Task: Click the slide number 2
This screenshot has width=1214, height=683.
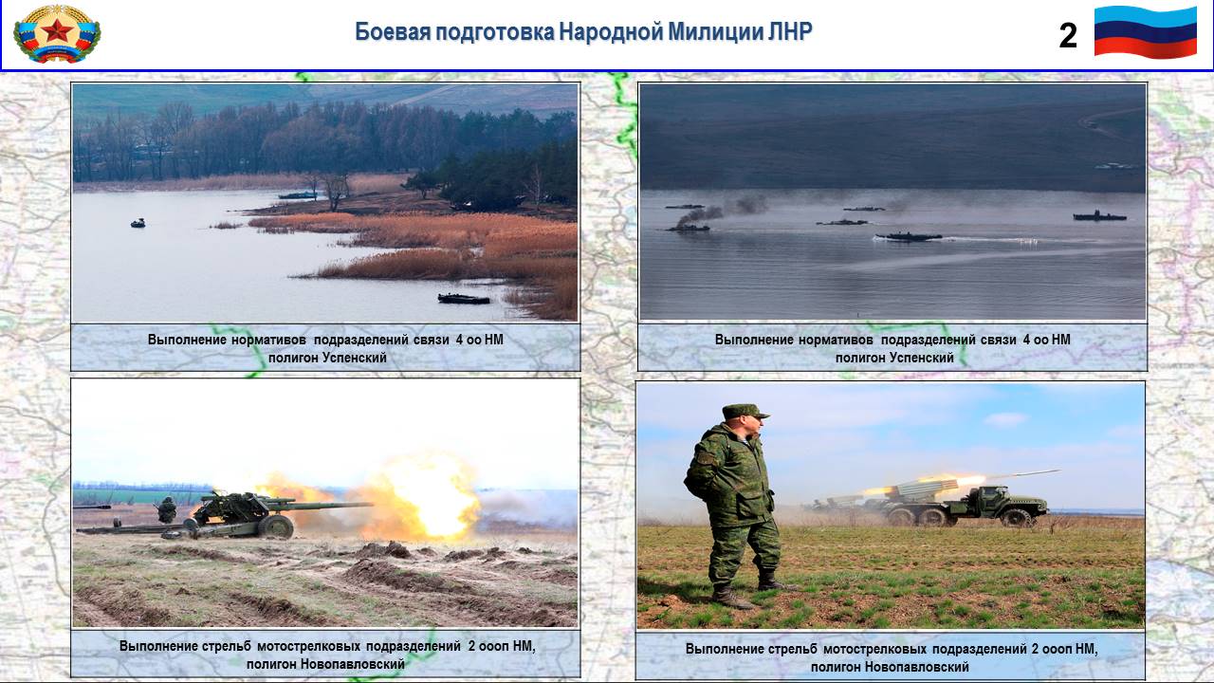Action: click(1068, 36)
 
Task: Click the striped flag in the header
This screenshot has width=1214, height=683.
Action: click(1146, 31)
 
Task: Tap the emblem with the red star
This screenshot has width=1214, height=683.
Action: click(57, 33)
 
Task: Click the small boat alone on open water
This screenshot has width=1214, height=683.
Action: click(138, 223)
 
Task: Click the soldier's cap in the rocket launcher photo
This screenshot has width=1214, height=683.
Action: click(745, 412)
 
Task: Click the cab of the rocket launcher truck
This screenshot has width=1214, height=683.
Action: click(989, 498)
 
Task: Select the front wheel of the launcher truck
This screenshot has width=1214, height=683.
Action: click(1015, 518)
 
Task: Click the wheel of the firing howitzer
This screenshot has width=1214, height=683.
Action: click(276, 526)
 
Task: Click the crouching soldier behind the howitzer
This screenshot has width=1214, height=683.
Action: click(167, 509)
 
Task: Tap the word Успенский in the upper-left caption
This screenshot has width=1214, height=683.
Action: click(355, 358)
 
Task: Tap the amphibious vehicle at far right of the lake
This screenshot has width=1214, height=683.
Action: click(1099, 216)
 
